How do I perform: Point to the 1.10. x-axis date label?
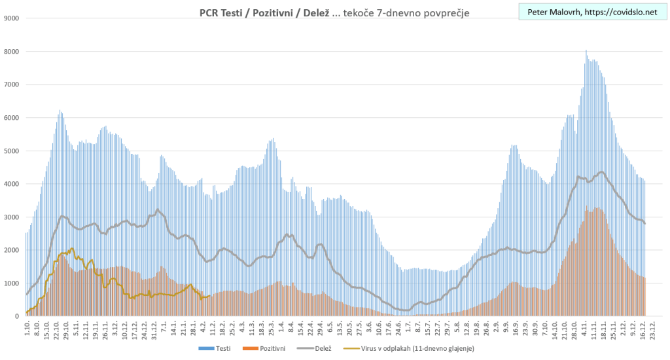point(27,327)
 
